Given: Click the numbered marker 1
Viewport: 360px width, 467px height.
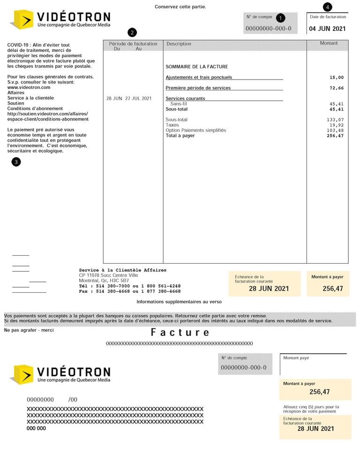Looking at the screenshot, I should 280,18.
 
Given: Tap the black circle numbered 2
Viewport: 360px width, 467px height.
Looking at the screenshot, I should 133,32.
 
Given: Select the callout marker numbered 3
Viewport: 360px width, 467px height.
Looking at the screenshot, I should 17,162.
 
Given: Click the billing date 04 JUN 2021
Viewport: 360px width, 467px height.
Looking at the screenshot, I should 327,29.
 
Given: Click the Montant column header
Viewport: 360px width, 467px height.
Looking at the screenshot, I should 329,44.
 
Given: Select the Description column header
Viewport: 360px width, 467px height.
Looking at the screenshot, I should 179,44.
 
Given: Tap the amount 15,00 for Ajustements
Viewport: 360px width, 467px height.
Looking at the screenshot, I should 336,77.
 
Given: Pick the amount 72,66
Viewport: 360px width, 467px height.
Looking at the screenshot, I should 336,88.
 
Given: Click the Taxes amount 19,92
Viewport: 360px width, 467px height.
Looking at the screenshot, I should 336,125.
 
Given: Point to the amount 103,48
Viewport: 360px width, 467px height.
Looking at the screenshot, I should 335,130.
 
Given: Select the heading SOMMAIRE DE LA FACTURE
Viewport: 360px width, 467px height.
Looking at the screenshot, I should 197,67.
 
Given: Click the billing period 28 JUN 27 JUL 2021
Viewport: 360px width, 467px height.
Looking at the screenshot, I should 129,98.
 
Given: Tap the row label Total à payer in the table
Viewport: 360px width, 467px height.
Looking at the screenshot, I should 180,136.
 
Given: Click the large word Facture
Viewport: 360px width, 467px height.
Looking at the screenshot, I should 180,333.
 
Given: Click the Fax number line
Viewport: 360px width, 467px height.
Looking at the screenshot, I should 129,291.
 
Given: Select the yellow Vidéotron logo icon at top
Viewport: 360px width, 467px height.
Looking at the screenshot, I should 21,19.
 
